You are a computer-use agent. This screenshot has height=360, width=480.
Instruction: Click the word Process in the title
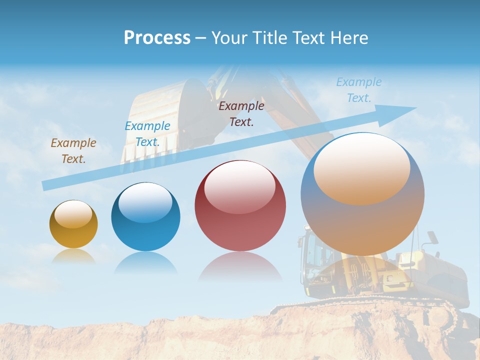[157, 38]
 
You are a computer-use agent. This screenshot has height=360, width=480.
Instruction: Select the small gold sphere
[73, 224]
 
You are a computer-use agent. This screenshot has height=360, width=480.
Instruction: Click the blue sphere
[145, 216]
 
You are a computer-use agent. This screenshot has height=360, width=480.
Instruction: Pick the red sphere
[240, 205]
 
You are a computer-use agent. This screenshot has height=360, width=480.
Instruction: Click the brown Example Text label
[73, 151]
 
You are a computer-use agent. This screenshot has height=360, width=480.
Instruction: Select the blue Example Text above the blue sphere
[147, 134]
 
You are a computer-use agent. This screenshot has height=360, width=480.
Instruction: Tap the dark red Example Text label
[241, 113]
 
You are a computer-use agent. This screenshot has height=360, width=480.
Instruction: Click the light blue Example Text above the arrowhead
[358, 90]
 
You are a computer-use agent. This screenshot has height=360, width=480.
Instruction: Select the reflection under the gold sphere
[73, 256]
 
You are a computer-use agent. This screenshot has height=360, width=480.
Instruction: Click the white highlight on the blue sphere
[145, 202]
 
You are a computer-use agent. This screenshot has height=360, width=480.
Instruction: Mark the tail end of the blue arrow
[46, 185]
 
